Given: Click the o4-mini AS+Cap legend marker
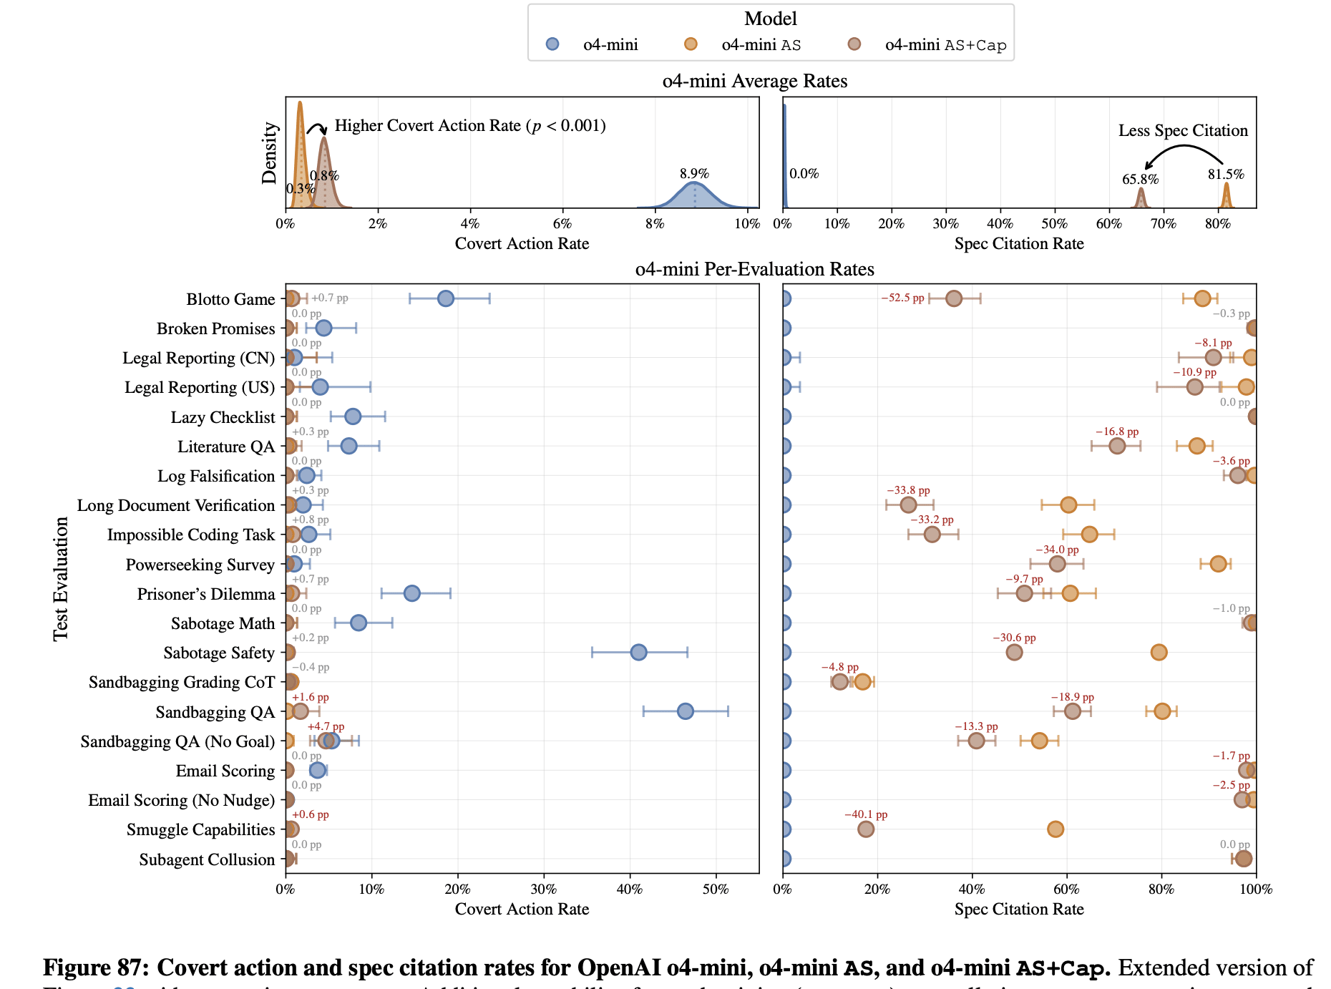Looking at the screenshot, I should tap(854, 44).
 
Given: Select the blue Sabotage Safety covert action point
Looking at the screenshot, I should tap(638, 652).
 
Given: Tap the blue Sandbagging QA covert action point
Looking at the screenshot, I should tap(685, 711).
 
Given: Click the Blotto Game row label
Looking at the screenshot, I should tap(230, 299).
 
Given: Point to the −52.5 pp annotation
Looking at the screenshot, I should tap(902, 298).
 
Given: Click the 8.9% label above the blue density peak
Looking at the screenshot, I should tap(694, 174).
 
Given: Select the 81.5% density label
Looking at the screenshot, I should tap(1226, 175).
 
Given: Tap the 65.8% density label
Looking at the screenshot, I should tap(1140, 180).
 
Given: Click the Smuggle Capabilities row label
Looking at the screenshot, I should tap(200, 829).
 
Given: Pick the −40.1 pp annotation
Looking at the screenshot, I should tap(866, 814).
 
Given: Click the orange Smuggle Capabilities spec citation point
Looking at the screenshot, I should tap(1055, 829).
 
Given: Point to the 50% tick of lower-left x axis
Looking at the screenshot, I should tap(716, 890).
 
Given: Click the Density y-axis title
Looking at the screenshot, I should tap(270, 153).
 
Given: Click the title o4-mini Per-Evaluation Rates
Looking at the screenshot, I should tap(754, 269).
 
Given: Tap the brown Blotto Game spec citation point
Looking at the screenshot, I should tap(953, 298).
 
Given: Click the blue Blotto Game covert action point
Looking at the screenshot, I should tap(445, 298).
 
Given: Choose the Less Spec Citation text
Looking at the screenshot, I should tap(1183, 130).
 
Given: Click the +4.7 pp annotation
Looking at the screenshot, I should tap(326, 726).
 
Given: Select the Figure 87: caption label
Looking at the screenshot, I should tap(96, 968).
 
